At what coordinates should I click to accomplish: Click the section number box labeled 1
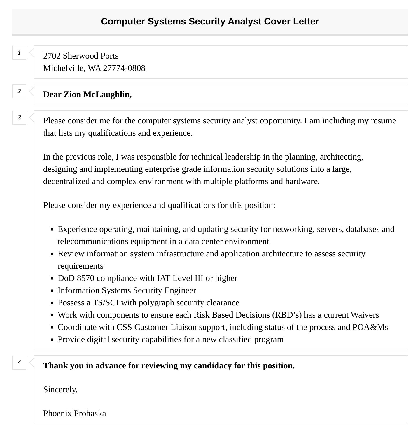tap(19, 53)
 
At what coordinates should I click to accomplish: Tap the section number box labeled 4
tap(19, 363)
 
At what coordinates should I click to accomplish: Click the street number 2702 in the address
tap(52, 56)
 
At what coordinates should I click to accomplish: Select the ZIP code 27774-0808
tap(124, 68)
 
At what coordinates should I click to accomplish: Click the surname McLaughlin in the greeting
tap(107, 94)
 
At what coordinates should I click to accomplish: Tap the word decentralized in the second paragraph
tap(66, 181)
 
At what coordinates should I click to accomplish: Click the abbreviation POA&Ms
tap(370, 327)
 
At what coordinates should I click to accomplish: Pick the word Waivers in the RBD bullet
tap(365, 315)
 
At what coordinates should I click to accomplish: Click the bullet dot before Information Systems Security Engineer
tap(52, 291)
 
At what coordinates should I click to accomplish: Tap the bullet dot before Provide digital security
tap(52, 340)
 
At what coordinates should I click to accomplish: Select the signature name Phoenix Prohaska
tap(75, 414)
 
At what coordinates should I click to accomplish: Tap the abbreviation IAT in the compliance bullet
tap(164, 278)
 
